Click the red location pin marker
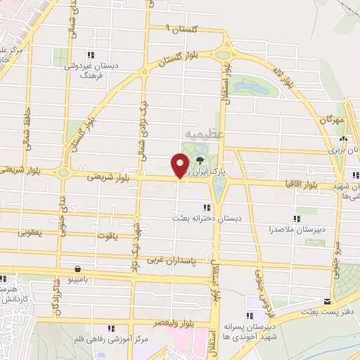coord(180,166)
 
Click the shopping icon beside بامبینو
coord(77,269)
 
